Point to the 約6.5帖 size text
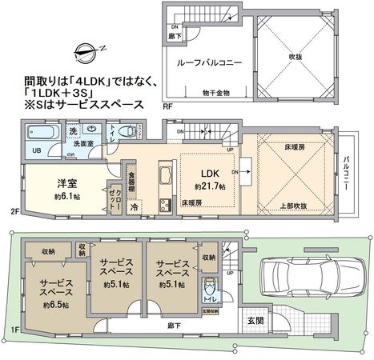point(54,304)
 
